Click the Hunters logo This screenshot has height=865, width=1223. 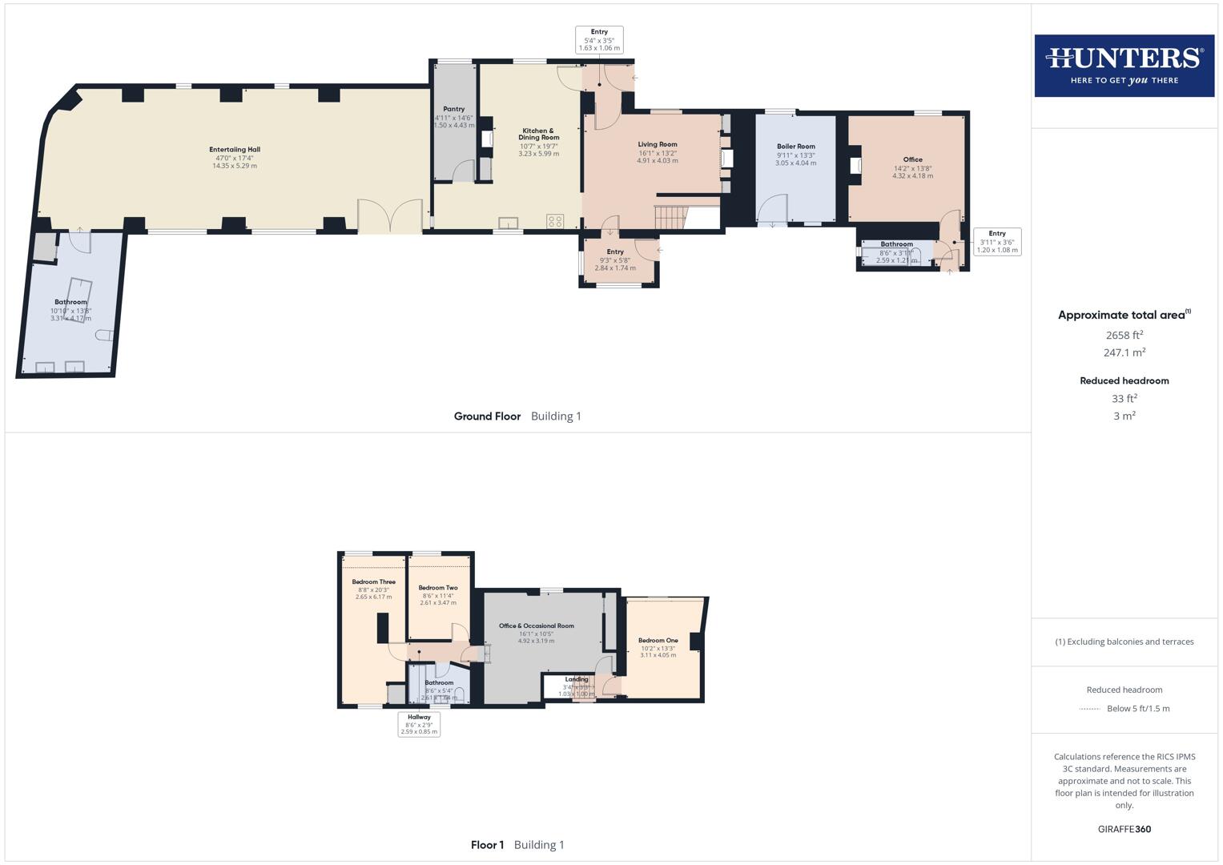point(1124,66)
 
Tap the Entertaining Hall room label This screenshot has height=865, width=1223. point(235,150)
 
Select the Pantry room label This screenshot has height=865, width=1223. point(454,109)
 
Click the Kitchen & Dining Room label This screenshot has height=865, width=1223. point(538,134)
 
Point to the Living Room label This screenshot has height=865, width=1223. point(658,145)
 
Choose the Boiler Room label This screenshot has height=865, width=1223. point(795,147)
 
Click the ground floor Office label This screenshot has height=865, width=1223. point(912,159)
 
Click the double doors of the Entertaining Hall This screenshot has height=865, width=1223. point(390,216)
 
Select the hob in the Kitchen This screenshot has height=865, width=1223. point(555,221)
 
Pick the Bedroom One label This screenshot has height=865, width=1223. point(658,641)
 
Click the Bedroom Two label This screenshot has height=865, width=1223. point(437,588)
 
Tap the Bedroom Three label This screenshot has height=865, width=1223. point(373,582)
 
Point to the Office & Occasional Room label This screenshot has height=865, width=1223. point(536,626)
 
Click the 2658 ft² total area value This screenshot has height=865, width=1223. point(1124,336)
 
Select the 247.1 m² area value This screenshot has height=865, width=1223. point(1124,352)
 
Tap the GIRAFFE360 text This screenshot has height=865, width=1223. point(1124,829)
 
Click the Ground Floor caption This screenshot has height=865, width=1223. point(487,416)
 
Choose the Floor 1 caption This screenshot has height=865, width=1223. point(487,845)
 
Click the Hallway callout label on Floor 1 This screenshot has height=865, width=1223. point(419,718)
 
